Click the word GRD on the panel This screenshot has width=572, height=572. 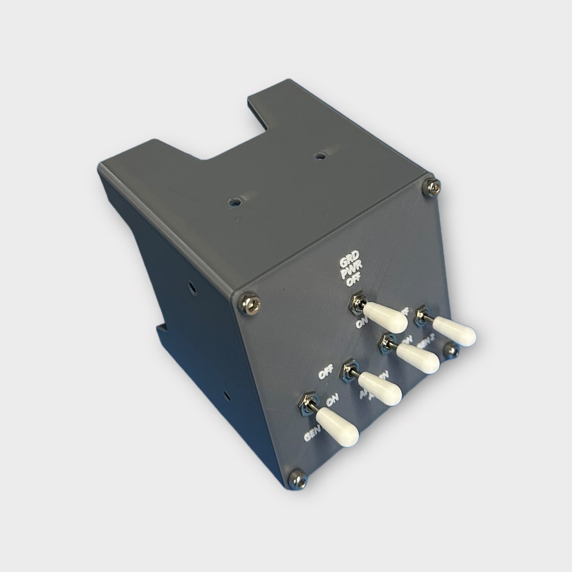click(349, 263)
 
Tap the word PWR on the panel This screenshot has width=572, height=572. click(349, 273)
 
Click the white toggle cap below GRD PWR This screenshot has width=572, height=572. click(385, 317)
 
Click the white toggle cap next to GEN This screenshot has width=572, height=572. click(337, 426)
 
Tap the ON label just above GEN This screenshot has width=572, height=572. click(332, 401)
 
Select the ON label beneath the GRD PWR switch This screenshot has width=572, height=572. click(362, 322)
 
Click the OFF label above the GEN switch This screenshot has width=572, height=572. click(326, 372)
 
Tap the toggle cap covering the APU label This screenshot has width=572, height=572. click(380, 388)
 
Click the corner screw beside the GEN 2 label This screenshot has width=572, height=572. click(451, 350)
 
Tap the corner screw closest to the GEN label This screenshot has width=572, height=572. click(298, 479)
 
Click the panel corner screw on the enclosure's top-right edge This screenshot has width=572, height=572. click(432, 186)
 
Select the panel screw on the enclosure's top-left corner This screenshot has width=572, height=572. click(249, 303)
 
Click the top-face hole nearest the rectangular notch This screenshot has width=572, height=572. click(319, 156)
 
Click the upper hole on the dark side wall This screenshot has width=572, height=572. click(192, 289)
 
